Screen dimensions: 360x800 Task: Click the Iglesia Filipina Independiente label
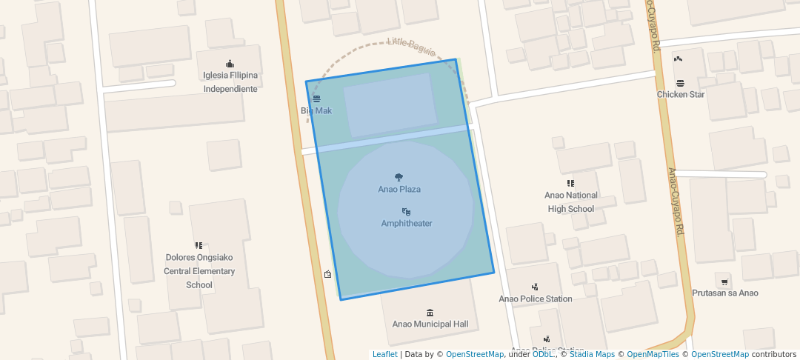(x=230, y=81)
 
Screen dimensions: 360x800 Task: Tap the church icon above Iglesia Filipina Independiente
(x=230, y=63)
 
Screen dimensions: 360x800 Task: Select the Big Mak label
(x=316, y=111)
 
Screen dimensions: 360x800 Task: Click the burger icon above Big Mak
(x=317, y=99)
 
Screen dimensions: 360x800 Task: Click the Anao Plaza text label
(x=399, y=190)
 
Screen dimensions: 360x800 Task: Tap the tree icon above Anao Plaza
(x=399, y=177)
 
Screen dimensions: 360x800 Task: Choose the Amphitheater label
(x=407, y=224)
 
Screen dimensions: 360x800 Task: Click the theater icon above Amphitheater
(x=406, y=212)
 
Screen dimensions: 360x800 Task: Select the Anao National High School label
(x=571, y=202)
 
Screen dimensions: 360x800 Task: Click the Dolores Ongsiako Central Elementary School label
(x=199, y=271)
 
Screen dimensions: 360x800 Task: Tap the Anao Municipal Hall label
(x=430, y=324)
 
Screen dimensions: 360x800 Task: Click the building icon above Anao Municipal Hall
(x=430, y=313)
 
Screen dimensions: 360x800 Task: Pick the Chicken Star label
(x=681, y=95)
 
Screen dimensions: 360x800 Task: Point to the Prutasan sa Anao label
(x=724, y=293)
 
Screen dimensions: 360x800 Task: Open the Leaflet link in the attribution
(x=384, y=355)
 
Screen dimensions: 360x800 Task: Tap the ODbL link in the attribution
(x=543, y=355)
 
